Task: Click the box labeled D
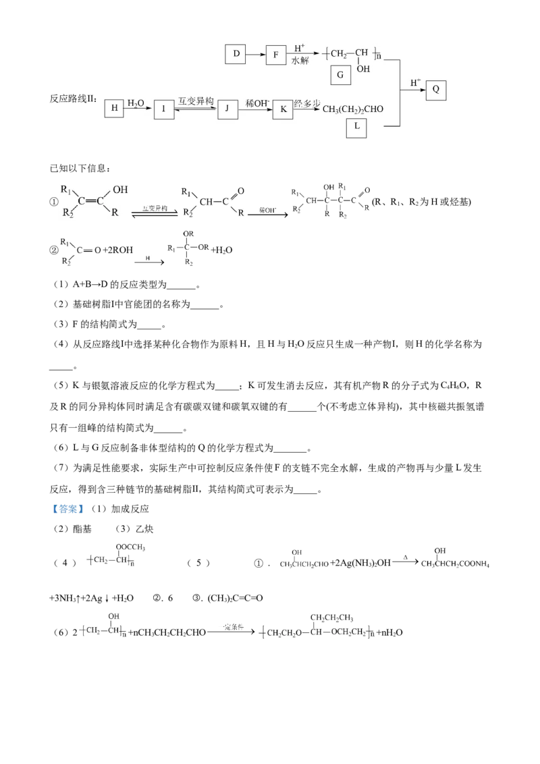pos(236,53)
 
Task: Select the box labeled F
pos(275,53)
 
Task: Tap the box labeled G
pos(340,75)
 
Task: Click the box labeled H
pos(115,108)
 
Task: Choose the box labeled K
pos(283,109)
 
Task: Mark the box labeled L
pos(356,128)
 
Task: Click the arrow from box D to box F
pos(255,53)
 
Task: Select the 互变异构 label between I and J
pos(196,101)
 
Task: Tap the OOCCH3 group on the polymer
pos(130,546)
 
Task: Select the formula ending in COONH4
pos(456,564)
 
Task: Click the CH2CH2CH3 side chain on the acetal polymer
pos(332,617)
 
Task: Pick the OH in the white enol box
pos(120,190)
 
